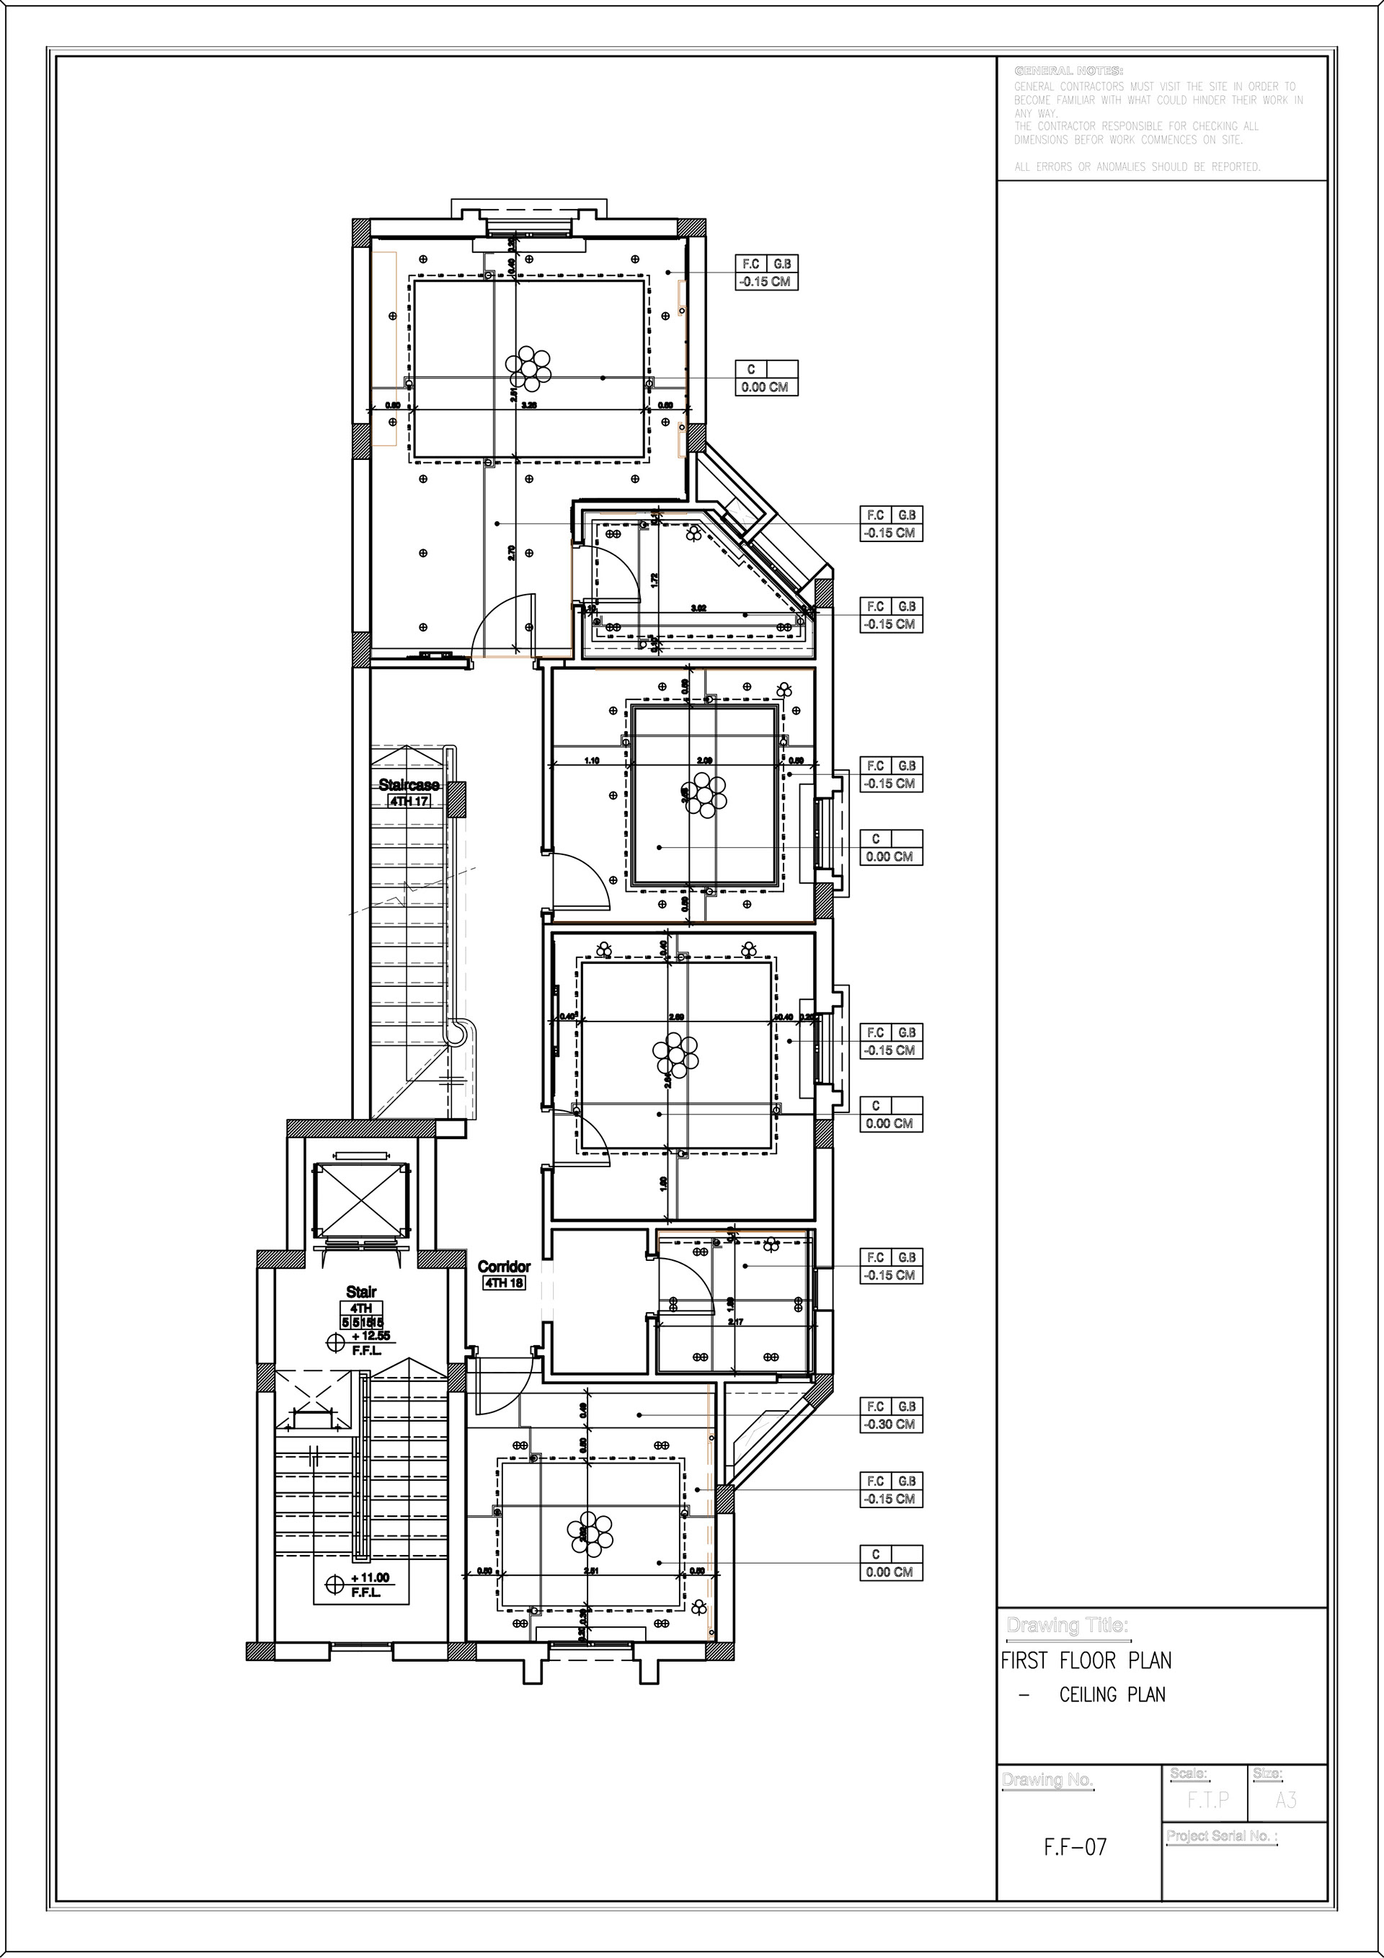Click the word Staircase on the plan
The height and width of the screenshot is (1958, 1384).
[409, 784]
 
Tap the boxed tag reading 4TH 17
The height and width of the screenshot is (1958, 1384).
[409, 802]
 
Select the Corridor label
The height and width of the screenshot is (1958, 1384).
[504, 1267]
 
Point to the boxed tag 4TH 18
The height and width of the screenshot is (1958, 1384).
[504, 1283]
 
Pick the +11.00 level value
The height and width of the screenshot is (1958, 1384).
[369, 1577]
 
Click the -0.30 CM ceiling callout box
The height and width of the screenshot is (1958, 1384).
[891, 1424]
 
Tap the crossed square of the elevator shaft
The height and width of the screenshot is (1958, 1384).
[359, 1201]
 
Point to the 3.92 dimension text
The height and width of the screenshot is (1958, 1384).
[698, 608]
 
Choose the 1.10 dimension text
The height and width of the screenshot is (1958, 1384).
[592, 760]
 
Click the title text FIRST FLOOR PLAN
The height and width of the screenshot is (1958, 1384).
[1086, 1660]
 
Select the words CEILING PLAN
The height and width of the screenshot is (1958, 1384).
[1112, 1694]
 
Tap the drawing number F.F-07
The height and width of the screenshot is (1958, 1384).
[1075, 1848]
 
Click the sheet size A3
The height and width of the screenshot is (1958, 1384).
[1286, 1801]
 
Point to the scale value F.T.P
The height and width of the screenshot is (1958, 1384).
[1208, 1801]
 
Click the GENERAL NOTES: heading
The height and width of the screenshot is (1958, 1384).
[1068, 71]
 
